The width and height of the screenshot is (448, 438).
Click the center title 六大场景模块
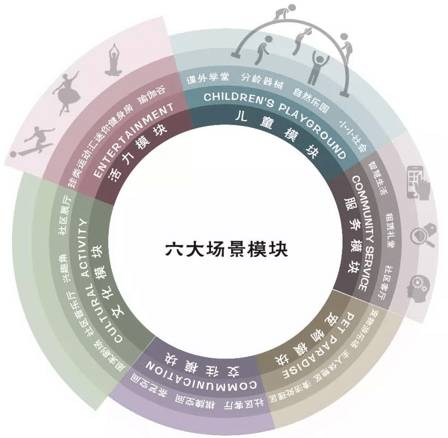pyautogui.click(x=226, y=250)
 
